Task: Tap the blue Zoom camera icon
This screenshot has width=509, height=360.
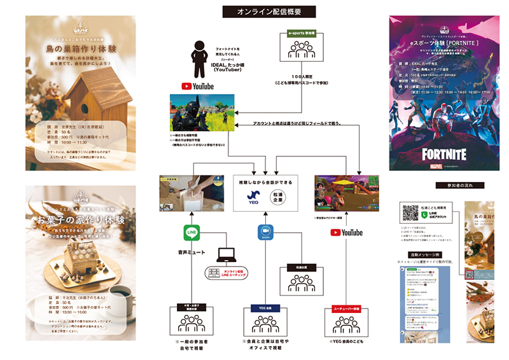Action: pyautogui.click(x=266, y=233)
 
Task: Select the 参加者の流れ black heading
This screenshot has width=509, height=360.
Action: pyautogui.click(x=461, y=186)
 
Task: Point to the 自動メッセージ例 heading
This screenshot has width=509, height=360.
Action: pyautogui.click(x=421, y=254)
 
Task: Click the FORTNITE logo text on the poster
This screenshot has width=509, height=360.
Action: pyautogui.click(x=443, y=154)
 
